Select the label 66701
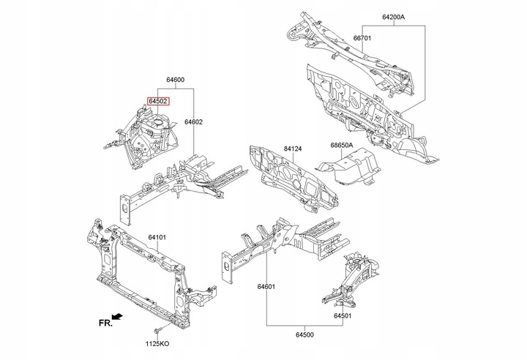coord(365,38)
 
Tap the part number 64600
coord(175,80)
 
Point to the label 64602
coord(193,122)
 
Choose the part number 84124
coord(293,149)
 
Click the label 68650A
coord(342,146)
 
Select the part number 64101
coord(157,237)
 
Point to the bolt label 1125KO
coord(157,344)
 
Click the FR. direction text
coord(105,323)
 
